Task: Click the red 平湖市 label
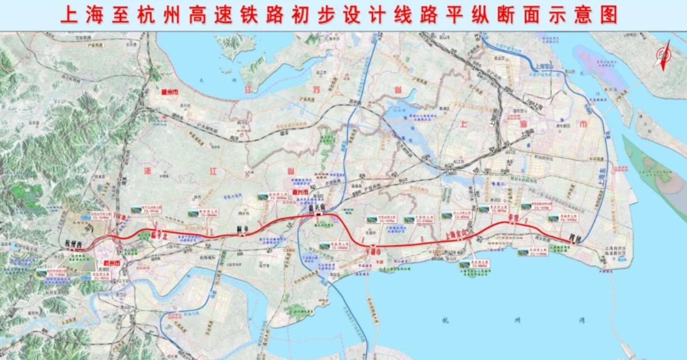(x=372, y=251)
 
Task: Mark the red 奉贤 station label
(x=513, y=218)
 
